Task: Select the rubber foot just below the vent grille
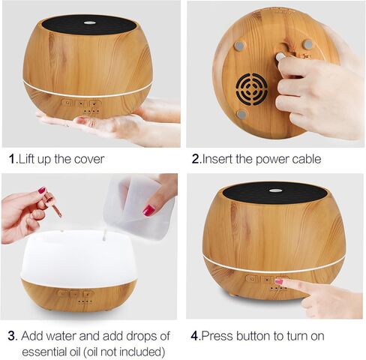click(x=241, y=115)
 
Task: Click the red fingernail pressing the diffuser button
click(x=279, y=282)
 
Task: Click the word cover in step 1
click(x=87, y=159)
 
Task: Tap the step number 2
click(x=196, y=159)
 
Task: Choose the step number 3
click(x=11, y=334)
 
